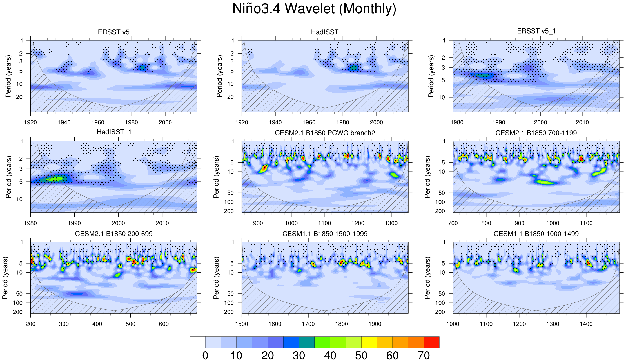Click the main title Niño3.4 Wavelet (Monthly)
point(314,9)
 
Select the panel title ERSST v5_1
point(536,31)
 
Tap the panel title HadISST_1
point(114,132)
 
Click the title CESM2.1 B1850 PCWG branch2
point(325,133)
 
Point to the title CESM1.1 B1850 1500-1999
point(325,234)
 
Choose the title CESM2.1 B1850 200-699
point(114,234)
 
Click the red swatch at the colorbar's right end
point(431,342)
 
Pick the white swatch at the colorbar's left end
point(197,342)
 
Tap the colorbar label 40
point(330,356)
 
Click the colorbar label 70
point(424,356)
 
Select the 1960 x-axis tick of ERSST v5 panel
point(98,122)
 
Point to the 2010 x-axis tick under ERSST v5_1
point(582,122)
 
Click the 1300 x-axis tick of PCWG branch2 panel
point(391,223)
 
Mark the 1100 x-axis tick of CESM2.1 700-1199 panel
point(586,223)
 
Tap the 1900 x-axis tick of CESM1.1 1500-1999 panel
point(375,324)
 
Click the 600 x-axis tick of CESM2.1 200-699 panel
point(164,324)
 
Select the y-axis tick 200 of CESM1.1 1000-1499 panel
point(440,312)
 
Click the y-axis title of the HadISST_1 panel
point(9,177)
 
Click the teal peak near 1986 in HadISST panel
point(353,68)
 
